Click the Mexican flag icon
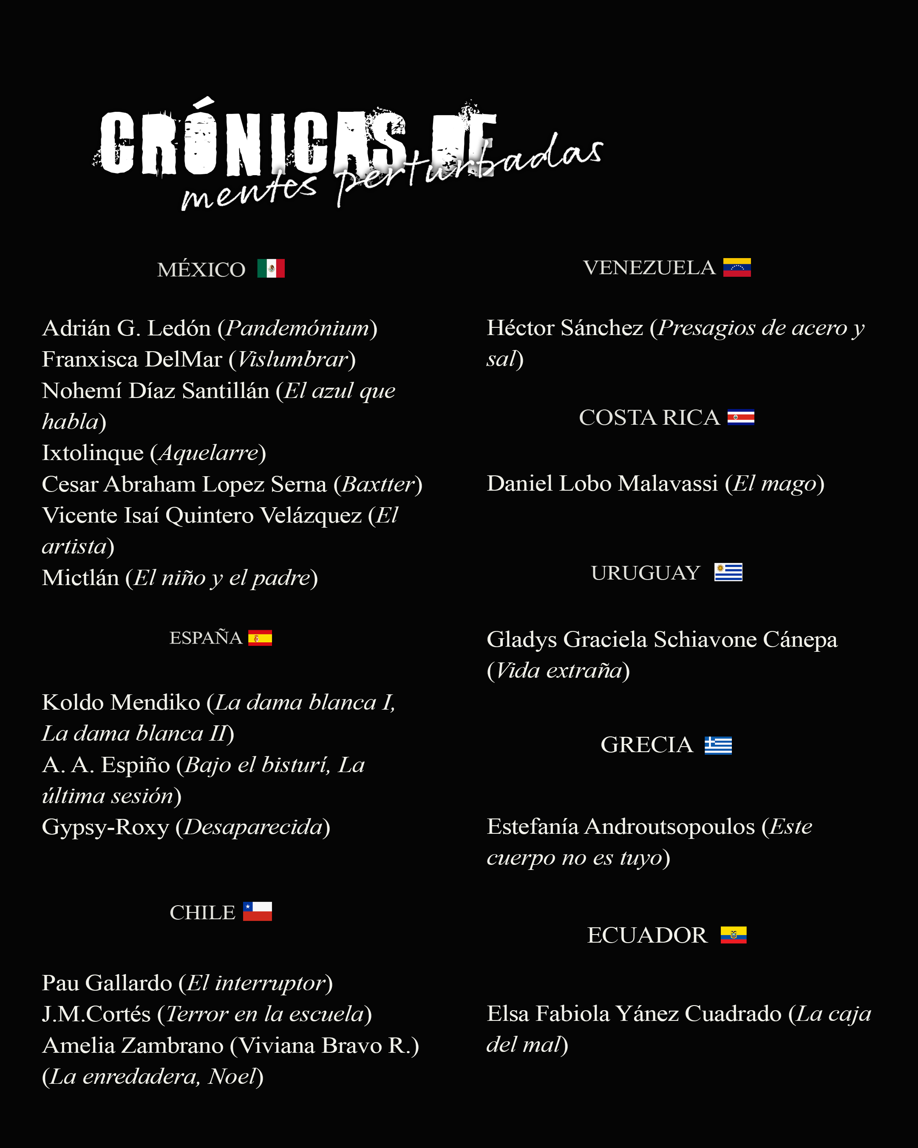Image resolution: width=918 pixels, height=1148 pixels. click(271, 268)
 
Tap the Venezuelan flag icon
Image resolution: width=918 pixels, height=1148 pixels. click(737, 267)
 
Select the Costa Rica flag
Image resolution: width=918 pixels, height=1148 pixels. click(740, 417)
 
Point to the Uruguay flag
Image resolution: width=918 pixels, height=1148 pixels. click(728, 572)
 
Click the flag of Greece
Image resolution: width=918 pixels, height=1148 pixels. click(718, 745)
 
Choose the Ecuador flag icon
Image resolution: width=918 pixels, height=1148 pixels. click(733, 935)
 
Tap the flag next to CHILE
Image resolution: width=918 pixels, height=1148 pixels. click(257, 911)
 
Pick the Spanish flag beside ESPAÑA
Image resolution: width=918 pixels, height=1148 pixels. click(260, 637)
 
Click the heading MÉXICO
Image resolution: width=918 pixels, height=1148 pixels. click(201, 270)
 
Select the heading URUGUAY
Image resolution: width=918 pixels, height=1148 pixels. click(645, 573)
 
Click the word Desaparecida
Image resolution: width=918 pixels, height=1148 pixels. click(253, 827)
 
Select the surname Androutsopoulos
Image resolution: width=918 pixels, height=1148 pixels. click(669, 827)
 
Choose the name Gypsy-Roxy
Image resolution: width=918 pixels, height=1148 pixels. click(105, 827)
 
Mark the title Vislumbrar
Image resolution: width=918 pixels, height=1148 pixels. click(292, 359)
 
